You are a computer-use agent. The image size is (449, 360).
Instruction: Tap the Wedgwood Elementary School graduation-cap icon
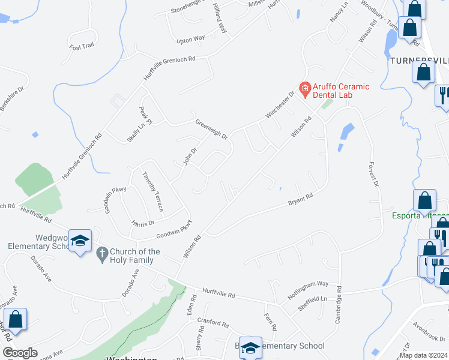click(x=80, y=241)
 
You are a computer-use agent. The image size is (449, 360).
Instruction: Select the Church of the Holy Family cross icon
click(x=102, y=255)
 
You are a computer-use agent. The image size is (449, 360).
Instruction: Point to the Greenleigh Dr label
click(x=211, y=129)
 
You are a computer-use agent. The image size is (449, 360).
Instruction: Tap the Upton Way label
click(x=191, y=40)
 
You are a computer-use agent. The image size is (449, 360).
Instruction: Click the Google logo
click(x=19, y=353)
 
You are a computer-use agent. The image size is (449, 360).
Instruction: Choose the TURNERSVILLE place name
click(x=418, y=61)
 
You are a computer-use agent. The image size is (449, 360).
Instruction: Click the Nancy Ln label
click(x=339, y=14)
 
